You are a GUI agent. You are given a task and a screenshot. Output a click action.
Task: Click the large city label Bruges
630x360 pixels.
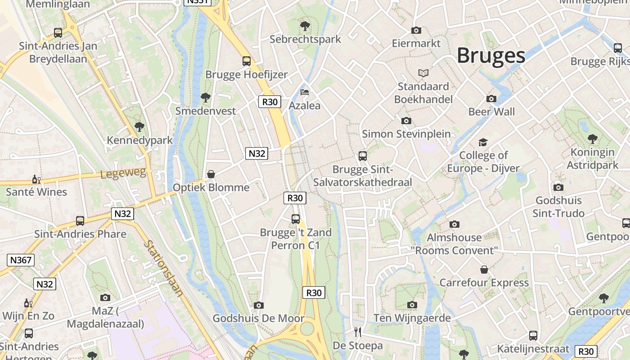pyautogui.click(x=491, y=56)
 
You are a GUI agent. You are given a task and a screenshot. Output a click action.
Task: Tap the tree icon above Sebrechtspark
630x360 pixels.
pyautogui.click(x=305, y=26)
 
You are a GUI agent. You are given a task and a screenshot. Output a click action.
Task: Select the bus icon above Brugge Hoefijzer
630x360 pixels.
pyautogui.click(x=246, y=61)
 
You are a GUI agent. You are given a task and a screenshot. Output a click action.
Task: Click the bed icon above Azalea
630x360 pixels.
pyautogui.click(x=305, y=92)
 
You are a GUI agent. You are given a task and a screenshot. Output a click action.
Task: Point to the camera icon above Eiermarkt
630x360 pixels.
pyautogui.click(x=416, y=30)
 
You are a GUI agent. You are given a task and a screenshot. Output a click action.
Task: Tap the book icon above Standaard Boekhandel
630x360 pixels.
pyautogui.click(x=423, y=73)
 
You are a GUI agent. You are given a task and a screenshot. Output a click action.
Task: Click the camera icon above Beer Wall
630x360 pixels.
pyautogui.click(x=491, y=99)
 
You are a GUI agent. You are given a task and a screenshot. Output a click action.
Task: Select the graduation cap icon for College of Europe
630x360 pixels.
pyautogui.click(x=483, y=142)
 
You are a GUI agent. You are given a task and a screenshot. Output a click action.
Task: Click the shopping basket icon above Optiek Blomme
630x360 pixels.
pyautogui.click(x=211, y=174)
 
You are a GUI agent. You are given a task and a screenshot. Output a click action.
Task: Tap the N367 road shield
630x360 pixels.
pyautogui.click(x=21, y=260)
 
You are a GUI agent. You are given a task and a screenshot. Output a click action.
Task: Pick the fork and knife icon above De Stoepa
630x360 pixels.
pyautogui.click(x=358, y=332)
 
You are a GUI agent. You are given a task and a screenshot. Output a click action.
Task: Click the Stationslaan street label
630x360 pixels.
pyautogui.click(x=163, y=269)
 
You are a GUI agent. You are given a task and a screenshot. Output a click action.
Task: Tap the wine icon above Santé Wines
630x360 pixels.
pyautogui.click(x=36, y=179)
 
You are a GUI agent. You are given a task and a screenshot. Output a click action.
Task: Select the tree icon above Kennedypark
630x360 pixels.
pyautogui.click(x=139, y=127)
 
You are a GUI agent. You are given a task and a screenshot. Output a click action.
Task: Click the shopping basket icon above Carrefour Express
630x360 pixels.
pyautogui.click(x=484, y=270)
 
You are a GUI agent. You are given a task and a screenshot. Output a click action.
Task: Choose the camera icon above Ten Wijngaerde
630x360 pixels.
pyautogui.click(x=412, y=305)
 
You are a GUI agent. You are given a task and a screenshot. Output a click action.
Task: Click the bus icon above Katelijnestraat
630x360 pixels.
pyautogui.click(x=533, y=335)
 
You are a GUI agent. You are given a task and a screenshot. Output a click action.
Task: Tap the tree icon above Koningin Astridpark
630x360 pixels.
pyautogui.click(x=592, y=139)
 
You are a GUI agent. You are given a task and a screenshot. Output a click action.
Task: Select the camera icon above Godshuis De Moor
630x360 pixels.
pyautogui.click(x=258, y=305)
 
